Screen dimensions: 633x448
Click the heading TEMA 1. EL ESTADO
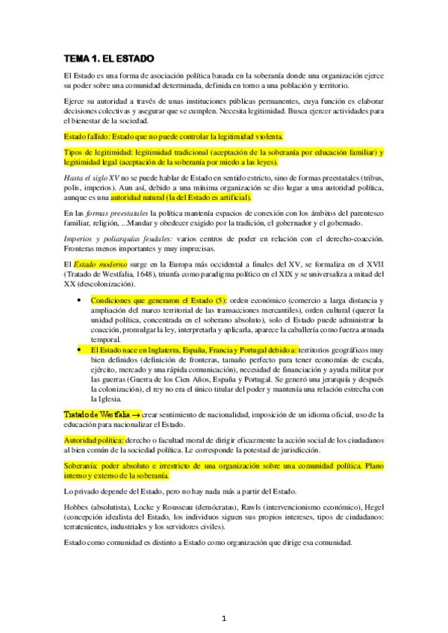(110, 57)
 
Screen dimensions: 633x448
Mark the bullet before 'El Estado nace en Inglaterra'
(79, 349)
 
